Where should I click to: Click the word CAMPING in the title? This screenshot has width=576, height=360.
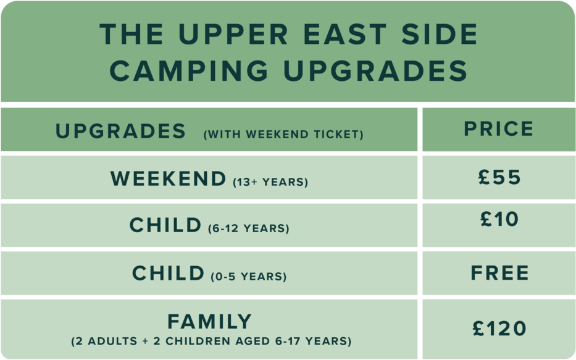[189, 70]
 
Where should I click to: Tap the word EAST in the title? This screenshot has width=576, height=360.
[345, 34]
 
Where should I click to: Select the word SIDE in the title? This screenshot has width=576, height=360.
[439, 34]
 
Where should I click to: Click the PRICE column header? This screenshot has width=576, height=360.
[498, 128]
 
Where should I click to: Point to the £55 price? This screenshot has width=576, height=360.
[499, 177]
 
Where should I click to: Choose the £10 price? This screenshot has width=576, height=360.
[499, 219]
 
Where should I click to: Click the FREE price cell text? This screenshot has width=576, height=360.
[499, 273]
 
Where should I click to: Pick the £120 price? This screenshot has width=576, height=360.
[499, 328]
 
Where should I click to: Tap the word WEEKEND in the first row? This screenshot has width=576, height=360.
[168, 178]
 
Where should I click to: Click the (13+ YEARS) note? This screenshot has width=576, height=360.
[270, 182]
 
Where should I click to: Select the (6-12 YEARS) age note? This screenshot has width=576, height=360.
[249, 228]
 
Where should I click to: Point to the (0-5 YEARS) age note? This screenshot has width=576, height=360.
[249, 276]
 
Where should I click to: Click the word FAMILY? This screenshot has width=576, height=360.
[209, 322]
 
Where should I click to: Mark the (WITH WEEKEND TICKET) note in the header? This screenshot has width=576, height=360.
[283, 135]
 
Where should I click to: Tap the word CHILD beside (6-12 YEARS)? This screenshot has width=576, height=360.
[165, 225]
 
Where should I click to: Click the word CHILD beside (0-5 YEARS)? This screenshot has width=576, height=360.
[168, 273]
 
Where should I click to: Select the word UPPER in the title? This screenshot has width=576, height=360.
[233, 34]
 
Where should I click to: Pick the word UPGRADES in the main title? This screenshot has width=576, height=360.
[375, 70]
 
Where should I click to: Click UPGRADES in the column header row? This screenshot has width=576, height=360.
[120, 131]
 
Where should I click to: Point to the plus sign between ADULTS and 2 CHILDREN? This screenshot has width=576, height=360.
[145, 341]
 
